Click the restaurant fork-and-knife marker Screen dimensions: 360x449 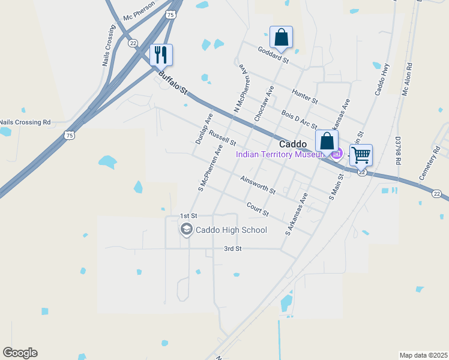coord(161,55)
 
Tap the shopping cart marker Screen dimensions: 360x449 coord(361,155)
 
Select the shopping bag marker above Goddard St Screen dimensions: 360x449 coord(281,37)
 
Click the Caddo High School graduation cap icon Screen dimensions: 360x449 coord(187,229)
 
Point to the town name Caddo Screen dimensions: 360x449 coord(294,144)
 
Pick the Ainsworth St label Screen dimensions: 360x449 coord(257,185)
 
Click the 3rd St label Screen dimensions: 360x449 coord(232,248)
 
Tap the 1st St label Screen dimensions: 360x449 coord(188,216)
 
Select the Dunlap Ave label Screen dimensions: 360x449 coord(204,128)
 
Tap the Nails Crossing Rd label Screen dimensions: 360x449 coord(25,122)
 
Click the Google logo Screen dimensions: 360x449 coord(20,353)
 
